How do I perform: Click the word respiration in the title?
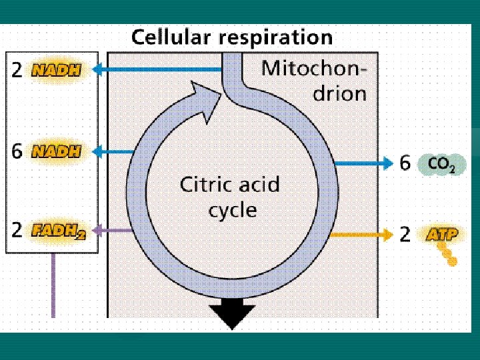click(x=275, y=38)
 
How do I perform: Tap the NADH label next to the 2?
click(x=56, y=70)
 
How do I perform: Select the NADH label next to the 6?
click(x=56, y=151)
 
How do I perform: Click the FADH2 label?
click(x=58, y=231)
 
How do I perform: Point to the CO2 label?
click(x=441, y=164)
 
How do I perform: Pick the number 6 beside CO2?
click(x=405, y=163)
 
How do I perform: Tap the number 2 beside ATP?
click(x=405, y=234)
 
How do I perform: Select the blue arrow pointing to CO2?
click(x=363, y=163)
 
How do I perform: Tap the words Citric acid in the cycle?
click(x=229, y=184)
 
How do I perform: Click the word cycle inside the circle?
click(x=232, y=211)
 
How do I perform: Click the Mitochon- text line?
click(x=313, y=69)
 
